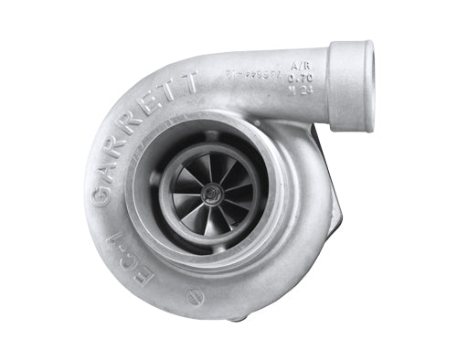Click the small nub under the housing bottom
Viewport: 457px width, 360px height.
[235, 319]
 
